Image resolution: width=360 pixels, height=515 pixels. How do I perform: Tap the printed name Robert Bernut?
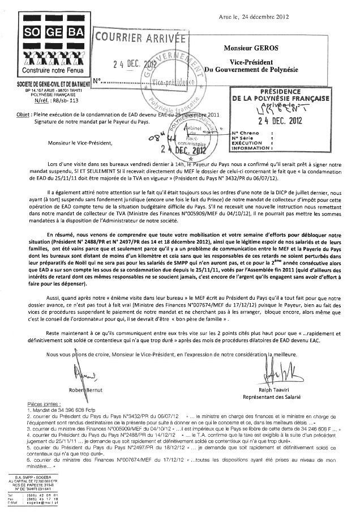(83, 391)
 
